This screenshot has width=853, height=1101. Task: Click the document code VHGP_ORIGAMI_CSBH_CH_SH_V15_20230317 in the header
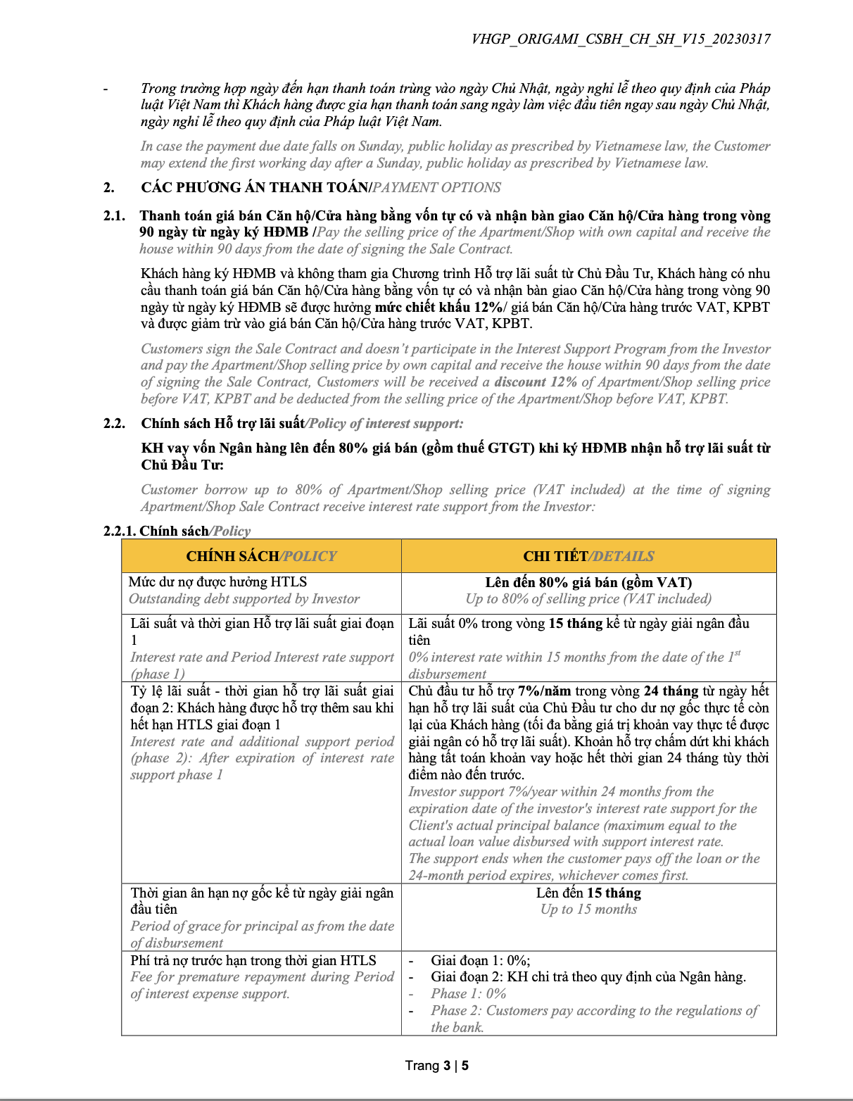point(621,39)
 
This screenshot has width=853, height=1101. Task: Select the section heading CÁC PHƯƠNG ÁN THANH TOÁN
point(255,188)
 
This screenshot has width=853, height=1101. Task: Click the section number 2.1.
point(114,216)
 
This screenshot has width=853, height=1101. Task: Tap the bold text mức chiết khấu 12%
point(439,308)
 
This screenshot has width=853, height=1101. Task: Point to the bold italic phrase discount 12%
point(536,382)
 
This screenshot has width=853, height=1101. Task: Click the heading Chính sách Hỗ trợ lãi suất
point(222,424)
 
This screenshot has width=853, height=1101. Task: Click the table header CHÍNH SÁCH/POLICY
point(261,556)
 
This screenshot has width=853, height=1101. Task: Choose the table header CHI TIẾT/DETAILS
point(588,556)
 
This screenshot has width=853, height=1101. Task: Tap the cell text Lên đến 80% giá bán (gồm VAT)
point(588,583)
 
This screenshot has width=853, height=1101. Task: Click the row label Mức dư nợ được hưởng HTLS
point(218,582)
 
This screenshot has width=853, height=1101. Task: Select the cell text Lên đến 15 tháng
point(588,893)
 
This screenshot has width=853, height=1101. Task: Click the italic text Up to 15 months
point(588,910)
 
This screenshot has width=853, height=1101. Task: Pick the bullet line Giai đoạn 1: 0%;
point(481,961)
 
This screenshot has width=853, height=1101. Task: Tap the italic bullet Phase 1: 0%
point(469,994)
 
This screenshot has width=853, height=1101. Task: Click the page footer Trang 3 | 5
point(436,1066)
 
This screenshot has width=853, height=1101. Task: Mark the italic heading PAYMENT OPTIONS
point(437,188)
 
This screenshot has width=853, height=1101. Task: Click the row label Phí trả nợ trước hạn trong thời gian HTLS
point(253,961)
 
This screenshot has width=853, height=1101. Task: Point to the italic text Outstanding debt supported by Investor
point(244,599)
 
